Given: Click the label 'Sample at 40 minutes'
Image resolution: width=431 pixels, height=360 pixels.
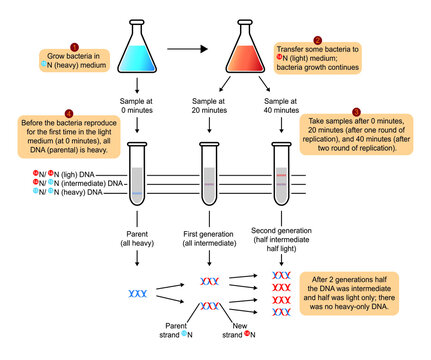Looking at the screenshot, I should pos(279,109).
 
